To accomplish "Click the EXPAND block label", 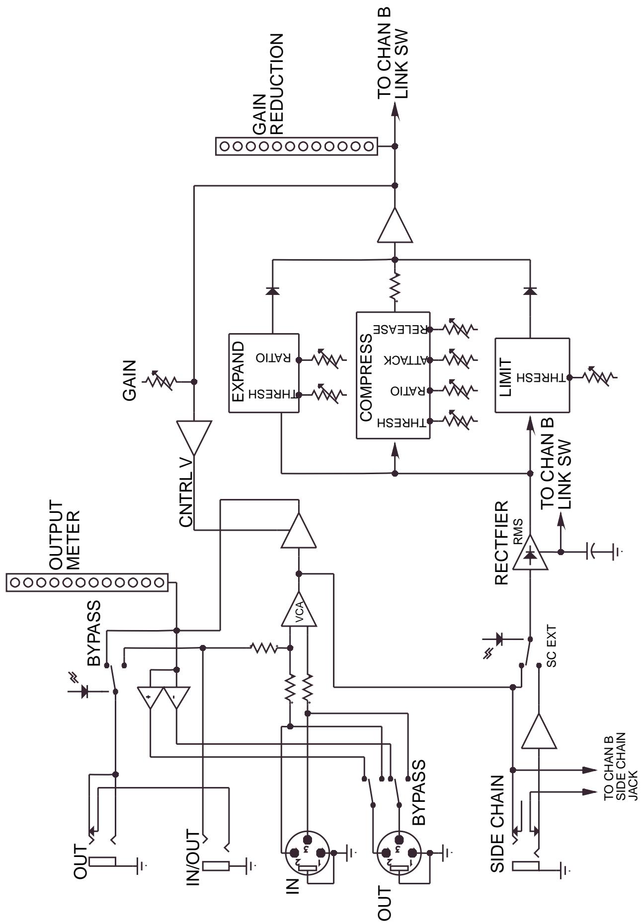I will click(x=238, y=371).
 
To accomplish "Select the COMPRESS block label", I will click(x=366, y=377).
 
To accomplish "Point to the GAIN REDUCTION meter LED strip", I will click(x=296, y=146).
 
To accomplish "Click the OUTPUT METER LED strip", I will click(x=87, y=582).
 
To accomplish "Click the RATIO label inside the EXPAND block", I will click(x=273, y=358).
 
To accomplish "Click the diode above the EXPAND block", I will click(x=272, y=291).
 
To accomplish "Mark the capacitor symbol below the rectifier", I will click(x=593, y=551).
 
